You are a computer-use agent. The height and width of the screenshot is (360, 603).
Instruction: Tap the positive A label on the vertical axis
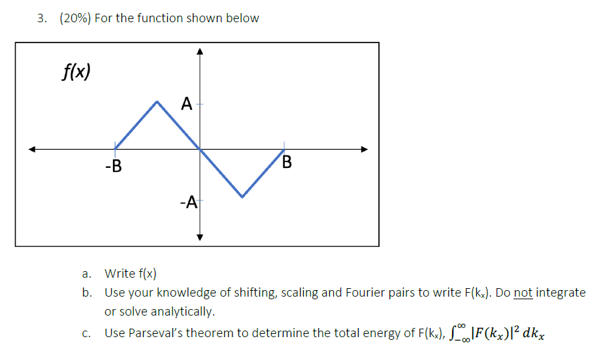(187, 103)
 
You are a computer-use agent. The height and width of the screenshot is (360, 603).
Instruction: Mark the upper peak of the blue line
(157, 101)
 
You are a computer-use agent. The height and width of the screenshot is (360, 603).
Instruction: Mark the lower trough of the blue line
(242, 196)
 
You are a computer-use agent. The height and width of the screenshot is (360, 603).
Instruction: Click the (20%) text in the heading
(75, 18)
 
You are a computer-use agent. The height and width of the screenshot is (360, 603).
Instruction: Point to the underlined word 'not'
(524, 292)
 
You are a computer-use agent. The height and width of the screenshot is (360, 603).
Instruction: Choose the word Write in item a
(120, 273)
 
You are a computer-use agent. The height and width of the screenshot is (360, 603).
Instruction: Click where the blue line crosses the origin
(201, 149)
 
